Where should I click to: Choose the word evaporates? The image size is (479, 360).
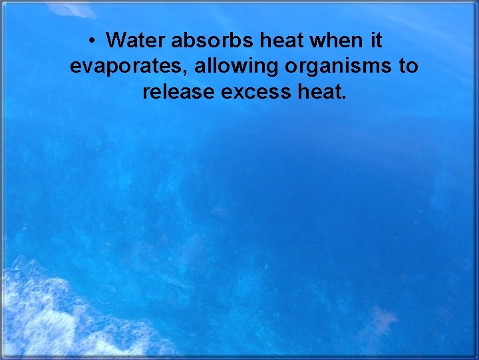[127, 67]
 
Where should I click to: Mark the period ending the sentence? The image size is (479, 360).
[343, 97]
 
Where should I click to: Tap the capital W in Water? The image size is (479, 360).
[116, 41]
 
